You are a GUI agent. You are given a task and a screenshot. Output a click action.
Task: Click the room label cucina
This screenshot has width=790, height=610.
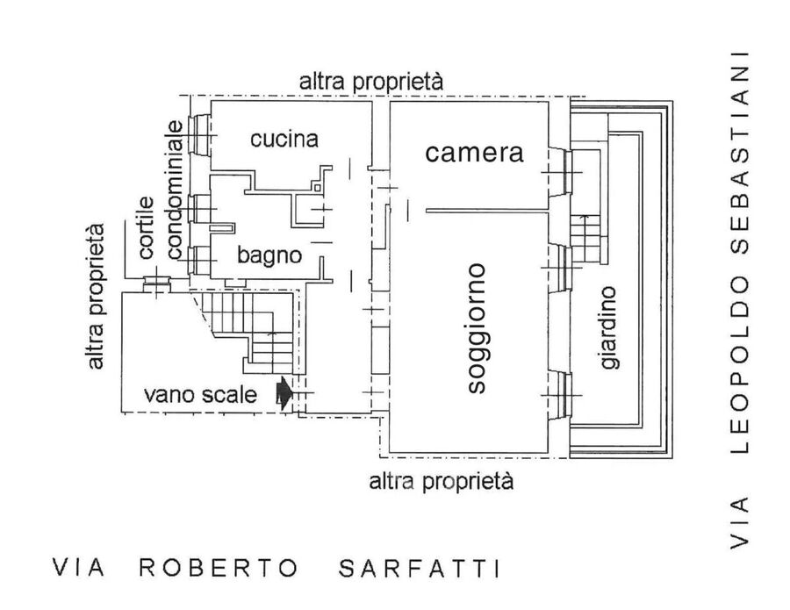tap(283, 139)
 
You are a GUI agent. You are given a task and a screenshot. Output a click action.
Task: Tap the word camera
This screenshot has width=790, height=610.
tap(474, 153)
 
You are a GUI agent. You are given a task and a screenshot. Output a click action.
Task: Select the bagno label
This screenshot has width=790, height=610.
tap(269, 256)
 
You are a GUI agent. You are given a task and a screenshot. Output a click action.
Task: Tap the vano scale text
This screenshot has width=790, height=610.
tap(201, 395)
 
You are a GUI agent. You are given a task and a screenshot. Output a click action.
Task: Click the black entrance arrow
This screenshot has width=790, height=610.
tap(283, 393)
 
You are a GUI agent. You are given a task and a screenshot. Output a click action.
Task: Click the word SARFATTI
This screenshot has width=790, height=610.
tap(420, 567)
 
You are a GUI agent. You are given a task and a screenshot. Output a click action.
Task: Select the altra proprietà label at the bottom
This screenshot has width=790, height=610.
tap(441, 480)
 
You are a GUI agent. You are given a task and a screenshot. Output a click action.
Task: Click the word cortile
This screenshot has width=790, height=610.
tap(146, 227)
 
